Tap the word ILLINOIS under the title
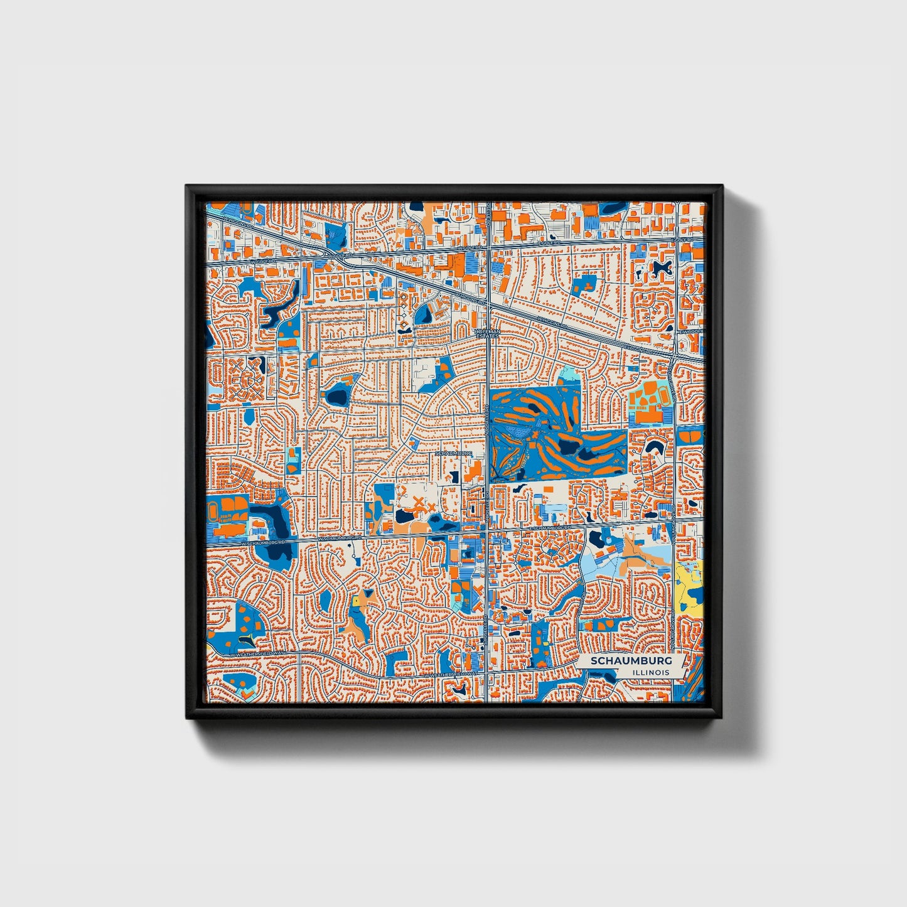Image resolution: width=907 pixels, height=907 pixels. tap(650, 672)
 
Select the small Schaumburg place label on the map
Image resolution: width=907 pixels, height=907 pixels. tap(453, 453)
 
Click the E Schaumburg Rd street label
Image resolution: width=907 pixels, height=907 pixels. tap(550, 528)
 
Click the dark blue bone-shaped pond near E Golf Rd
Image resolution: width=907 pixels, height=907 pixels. tap(660, 269)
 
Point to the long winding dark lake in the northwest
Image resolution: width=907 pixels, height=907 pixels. tap(279, 308)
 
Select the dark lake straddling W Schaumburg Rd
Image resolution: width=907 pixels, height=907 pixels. tap(276, 534)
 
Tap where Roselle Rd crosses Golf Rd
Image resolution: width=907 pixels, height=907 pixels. tap(488, 249)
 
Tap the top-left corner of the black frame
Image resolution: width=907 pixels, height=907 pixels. tap(187, 186)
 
